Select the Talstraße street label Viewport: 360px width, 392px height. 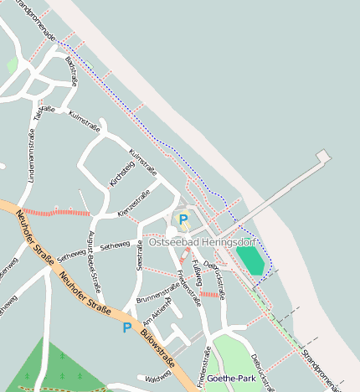click(41, 113)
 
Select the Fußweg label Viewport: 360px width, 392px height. click(197, 272)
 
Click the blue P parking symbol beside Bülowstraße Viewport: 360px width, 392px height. click(127, 328)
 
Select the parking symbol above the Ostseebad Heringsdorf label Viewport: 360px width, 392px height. click(183, 219)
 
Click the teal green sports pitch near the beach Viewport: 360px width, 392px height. click(249, 259)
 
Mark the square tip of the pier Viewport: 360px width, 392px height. click(323, 156)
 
